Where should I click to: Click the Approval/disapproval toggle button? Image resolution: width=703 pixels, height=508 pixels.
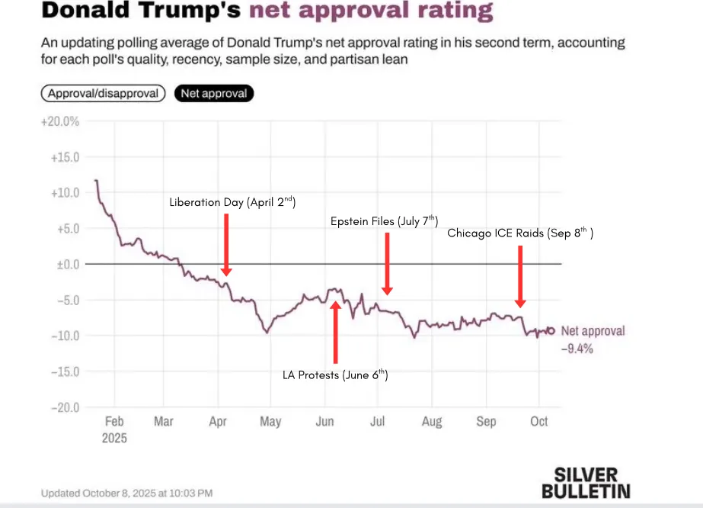[103, 94]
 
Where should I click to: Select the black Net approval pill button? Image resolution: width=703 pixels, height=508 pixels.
[213, 94]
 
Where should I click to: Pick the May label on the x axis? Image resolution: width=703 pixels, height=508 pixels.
[270, 422]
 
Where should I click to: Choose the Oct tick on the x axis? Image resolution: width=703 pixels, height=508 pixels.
[538, 422]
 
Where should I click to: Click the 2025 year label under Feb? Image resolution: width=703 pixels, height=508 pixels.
[114, 439]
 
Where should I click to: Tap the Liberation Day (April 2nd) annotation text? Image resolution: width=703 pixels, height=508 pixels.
[232, 202]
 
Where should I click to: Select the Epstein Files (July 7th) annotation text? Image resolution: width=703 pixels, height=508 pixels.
[384, 221]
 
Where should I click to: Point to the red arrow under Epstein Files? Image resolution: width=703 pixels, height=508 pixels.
[387, 264]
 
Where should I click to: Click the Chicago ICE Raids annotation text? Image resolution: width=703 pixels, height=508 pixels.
[519, 233]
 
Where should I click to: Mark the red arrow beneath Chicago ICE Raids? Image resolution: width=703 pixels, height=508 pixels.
[519, 276]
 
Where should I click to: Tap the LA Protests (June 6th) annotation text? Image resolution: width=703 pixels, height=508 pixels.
[335, 375]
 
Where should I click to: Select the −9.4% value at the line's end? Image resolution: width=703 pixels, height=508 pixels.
[577, 349]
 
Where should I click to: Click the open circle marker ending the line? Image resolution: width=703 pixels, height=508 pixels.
[551, 331]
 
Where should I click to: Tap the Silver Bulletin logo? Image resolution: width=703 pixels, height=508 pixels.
[586, 482]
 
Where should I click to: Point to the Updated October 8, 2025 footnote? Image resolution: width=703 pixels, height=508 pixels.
[126, 493]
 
